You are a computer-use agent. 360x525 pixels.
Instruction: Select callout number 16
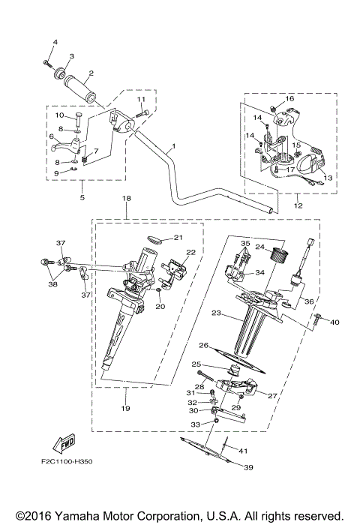pyautogui.click(x=290, y=98)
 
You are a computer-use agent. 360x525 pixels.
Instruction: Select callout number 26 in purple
pyautogui.click(x=202, y=346)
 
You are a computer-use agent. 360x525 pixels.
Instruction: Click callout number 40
pyautogui.click(x=334, y=322)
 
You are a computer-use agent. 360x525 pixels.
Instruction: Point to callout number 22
pyautogui.click(x=190, y=252)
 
